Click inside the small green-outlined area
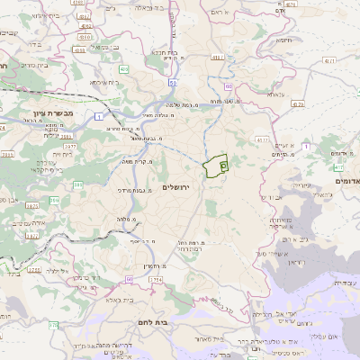(215, 167)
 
